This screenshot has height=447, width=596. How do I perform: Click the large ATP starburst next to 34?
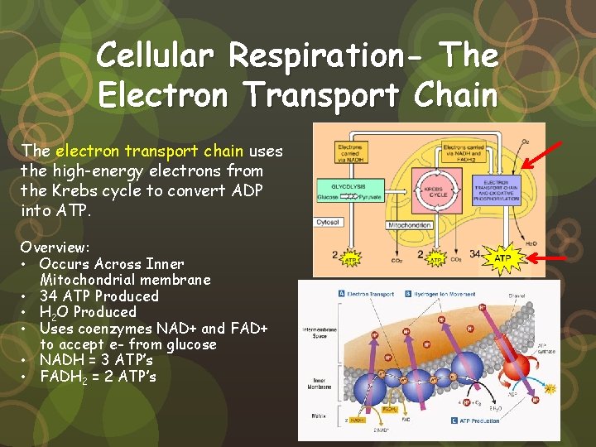tap(502, 258)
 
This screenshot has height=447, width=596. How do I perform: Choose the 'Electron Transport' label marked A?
tap(369, 293)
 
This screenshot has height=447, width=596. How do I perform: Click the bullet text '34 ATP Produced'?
tap(99, 296)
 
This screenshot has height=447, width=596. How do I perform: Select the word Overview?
tap(55, 247)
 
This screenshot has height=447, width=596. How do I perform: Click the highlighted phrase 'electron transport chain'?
tap(149, 151)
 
